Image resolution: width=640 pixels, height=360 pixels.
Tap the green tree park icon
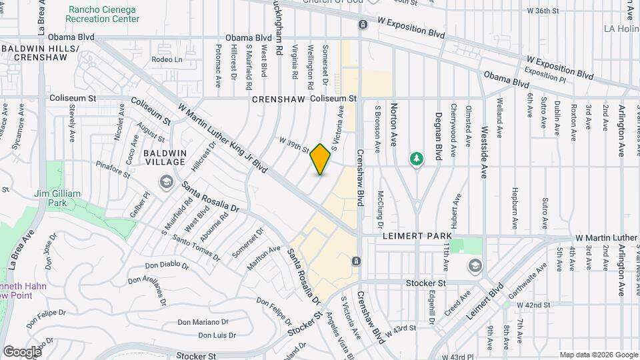(x=417, y=158)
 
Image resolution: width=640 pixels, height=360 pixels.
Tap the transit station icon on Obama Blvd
(x=362, y=25)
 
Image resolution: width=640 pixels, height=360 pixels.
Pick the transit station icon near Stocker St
(x=357, y=261)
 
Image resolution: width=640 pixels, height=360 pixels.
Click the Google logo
(x=22, y=351)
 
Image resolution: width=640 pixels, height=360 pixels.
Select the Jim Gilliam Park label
(x=57, y=198)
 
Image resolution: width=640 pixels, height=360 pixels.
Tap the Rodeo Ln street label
(x=167, y=59)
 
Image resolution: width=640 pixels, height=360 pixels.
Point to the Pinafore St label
(x=114, y=165)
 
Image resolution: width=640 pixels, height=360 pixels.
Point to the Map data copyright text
(x=597, y=355)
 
